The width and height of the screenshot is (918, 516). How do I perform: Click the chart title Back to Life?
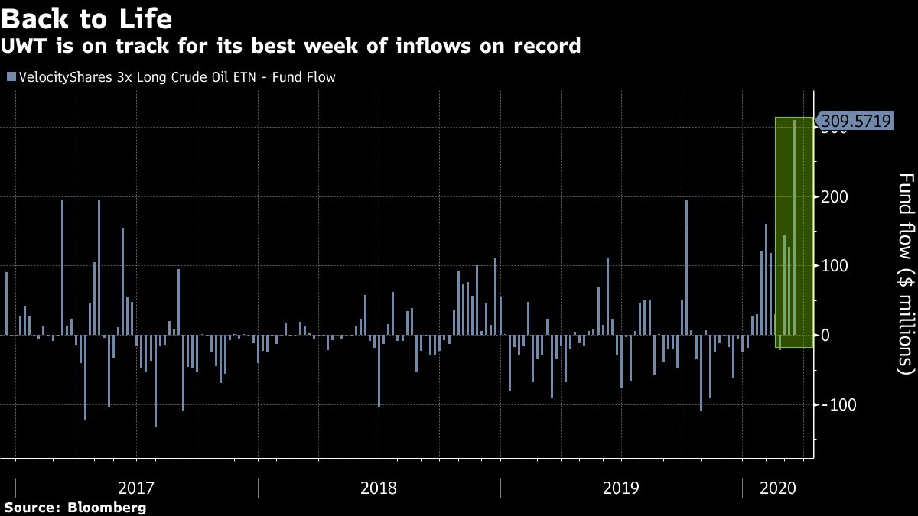[x=86, y=17]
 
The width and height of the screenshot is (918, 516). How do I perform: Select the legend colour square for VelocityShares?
[x=11, y=76]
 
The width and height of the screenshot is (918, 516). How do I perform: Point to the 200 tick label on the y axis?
[x=835, y=197]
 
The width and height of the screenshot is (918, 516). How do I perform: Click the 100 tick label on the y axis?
[x=835, y=266]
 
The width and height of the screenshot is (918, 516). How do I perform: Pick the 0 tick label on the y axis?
[x=826, y=335]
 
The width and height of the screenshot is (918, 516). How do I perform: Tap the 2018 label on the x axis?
[x=379, y=487]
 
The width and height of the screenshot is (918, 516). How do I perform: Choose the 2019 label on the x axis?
[x=621, y=487]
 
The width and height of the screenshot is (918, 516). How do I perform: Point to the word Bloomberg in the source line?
[x=107, y=508]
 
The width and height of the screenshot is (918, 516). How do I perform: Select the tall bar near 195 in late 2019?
[x=687, y=268]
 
